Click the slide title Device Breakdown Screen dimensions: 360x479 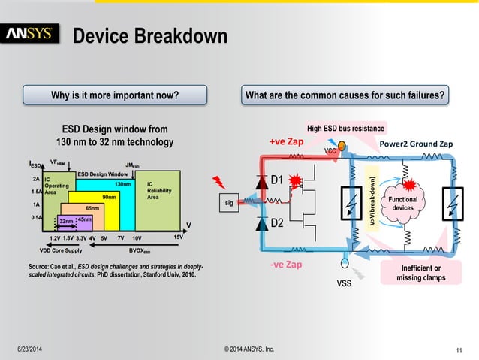click(x=149, y=35)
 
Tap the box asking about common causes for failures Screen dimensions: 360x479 click(x=354, y=95)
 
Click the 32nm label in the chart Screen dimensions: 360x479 click(x=66, y=221)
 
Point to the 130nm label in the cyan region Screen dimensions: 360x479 click(x=123, y=183)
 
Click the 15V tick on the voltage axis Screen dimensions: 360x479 click(x=178, y=237)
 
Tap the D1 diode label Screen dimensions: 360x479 click(x=276, y=180)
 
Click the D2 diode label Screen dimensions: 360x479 click(x=276, y=223)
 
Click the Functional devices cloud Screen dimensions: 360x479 click(x=403, y=203)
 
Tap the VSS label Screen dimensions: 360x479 click(x=342, y=286)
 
